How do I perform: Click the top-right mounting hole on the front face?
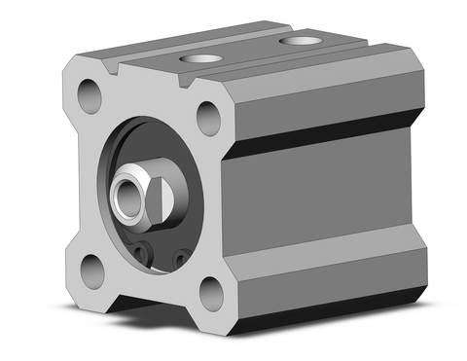(x=208, y=119)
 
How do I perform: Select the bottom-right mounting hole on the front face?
(x=212, y=292)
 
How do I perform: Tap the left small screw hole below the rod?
(x=143, y=254)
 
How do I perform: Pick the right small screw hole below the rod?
(x=180, y=260)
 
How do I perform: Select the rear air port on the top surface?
(x=298, y=42)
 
